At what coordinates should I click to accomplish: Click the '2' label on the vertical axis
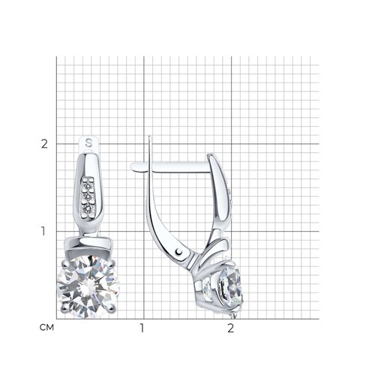pos(44,144)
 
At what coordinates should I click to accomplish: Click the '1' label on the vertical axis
pos(43,232)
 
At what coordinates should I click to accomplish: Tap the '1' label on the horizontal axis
pos(142,328)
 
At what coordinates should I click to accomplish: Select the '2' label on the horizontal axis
pos(231,328)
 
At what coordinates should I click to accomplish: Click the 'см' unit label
pos(46,328)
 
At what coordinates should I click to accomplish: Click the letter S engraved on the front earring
pos(88,142)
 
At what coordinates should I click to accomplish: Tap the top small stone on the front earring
pos(88,186)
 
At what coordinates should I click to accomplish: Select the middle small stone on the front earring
pos(88,197)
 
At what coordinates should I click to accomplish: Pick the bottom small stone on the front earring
pos(88,208)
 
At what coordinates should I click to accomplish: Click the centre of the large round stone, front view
pos(88,286)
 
